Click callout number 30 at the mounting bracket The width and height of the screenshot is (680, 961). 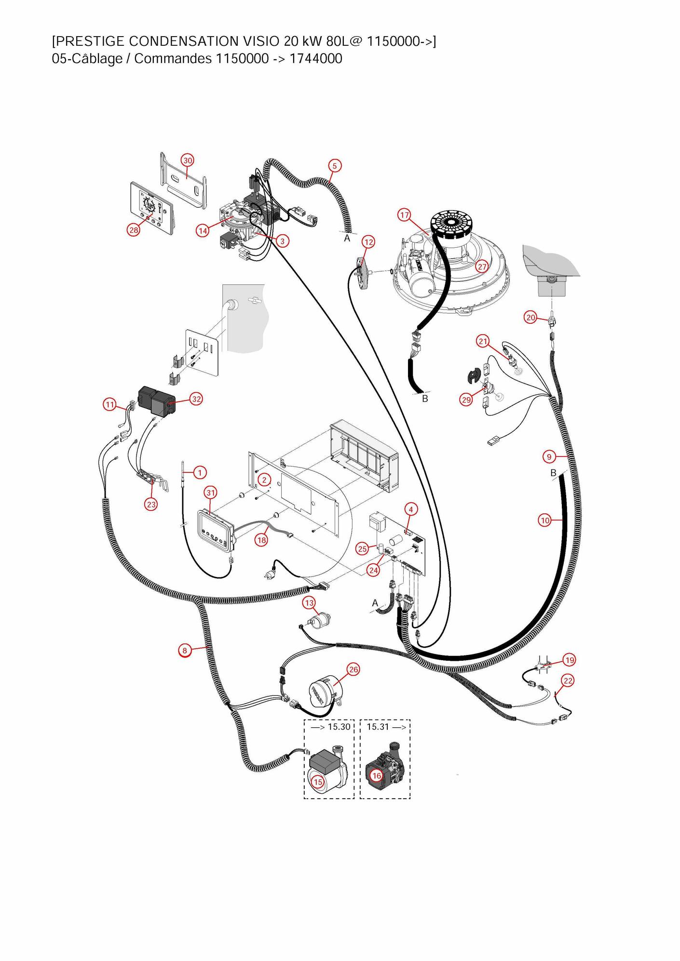[188, 160]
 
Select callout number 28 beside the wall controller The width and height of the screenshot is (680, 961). [134, 230]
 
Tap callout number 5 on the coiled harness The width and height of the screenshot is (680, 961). [335, 166]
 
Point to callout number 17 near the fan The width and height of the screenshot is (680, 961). [404, 215]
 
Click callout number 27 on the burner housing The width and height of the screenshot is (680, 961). [482, 267]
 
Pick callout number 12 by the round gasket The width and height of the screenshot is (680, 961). [368, 242]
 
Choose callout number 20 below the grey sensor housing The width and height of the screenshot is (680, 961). [530, 318]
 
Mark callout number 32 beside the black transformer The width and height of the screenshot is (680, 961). [196, 399]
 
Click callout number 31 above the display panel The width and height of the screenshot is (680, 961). [211, 493]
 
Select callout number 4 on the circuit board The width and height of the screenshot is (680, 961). [411, 509]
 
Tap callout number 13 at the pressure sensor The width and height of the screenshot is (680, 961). [309, 603]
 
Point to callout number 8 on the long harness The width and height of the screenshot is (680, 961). [184, 651]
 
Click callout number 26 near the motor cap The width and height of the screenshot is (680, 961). [354, 669]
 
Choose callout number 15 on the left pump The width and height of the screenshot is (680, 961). [318, 782]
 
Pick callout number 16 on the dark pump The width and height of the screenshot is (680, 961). [376, 775]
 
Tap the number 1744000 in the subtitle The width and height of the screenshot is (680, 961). [316, 59]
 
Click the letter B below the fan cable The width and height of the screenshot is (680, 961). [425, 399]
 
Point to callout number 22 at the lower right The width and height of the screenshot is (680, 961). [568, 681]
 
